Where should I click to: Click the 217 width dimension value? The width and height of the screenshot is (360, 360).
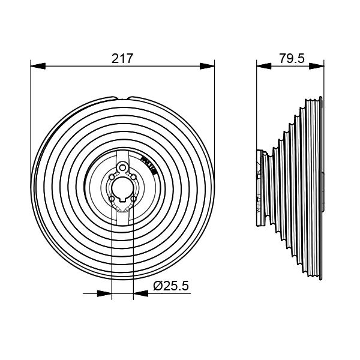122,58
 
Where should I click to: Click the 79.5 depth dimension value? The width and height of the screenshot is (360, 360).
292,58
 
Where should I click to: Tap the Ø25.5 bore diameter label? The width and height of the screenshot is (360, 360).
171,287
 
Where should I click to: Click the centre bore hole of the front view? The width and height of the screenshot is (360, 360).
122,185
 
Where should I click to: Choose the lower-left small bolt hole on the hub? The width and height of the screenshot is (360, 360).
112,197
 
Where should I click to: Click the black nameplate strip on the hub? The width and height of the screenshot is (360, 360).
148,163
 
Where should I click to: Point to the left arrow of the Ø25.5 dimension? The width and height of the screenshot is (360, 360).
109,293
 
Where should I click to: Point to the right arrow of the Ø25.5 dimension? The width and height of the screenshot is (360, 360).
137,293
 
